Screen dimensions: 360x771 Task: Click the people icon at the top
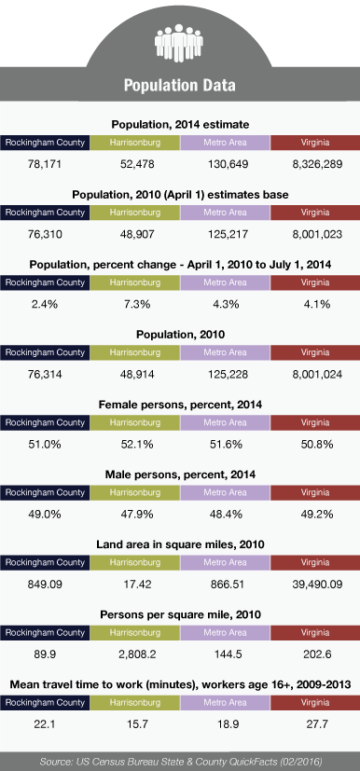point(179,43)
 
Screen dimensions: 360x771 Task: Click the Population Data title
point(179,85)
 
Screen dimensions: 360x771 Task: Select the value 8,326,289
point(317,164)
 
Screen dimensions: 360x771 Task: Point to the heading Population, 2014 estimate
point(180,125)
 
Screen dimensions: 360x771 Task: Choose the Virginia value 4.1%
point(317,304)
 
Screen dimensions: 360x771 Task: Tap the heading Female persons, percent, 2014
point(180,406)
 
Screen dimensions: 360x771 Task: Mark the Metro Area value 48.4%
point(227,515)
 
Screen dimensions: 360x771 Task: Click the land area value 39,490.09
point(317,585)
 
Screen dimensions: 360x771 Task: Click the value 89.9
point(44,655)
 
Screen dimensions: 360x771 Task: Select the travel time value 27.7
point(317,724)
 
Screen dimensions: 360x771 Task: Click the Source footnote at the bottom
point(180,762)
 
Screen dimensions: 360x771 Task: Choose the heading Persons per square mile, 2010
point(180,615)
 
